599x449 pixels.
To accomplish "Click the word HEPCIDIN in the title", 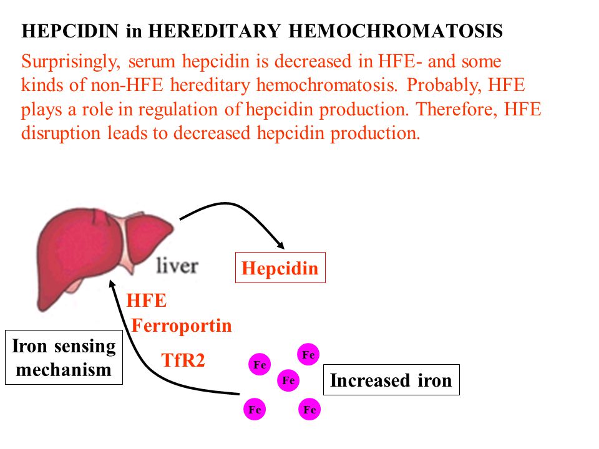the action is click(x=70, y=31).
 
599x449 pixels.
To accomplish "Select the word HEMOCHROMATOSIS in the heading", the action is click(x=396, y=31).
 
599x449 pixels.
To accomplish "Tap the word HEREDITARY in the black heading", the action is click(x=214, y=31).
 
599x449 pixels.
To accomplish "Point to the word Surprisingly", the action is click(x=71, y=62).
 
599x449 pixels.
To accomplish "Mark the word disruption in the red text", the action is click(x=61, y=133).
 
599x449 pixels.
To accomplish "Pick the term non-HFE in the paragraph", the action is click(x=127, y=85).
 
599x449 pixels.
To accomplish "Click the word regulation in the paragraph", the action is click(x=178, y=110).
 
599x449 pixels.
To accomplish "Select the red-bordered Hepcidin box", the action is click(x=280, y=268).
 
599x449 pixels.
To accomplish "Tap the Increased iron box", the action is click(x=391, y=380).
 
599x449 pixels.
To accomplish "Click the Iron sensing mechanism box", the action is click(x=64, y=357).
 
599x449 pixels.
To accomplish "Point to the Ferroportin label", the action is click(x=182, y=326).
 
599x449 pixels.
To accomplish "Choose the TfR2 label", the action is click(x=183, y=360).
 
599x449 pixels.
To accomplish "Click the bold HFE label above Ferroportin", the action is click(x=146, y=301).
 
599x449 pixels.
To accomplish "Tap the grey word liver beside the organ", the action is click(x=177, y=266).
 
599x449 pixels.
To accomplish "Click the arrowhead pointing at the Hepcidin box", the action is click(x=281, y=245).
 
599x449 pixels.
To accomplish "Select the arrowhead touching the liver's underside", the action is click(x=112, y=284).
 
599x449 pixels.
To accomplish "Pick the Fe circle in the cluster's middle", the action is click(x=288, y=380).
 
